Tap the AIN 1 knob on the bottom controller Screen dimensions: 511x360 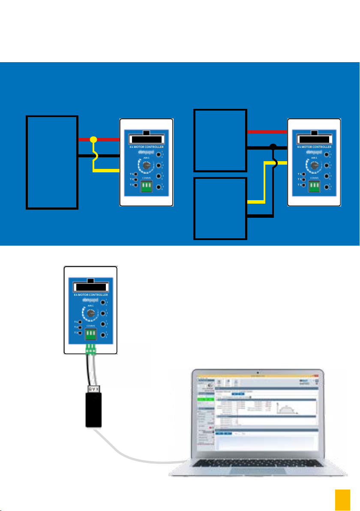(x=90, y=314)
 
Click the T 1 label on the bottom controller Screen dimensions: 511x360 (x=76, y=322)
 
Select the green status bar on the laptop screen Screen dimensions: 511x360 (x=204, y=399)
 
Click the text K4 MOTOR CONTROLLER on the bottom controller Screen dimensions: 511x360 (x=90, y=295)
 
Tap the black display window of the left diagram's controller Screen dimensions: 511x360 (x=146, y=139)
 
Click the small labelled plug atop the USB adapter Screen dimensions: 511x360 (x=93, y=389)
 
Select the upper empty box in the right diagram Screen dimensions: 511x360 (x=220, y=141)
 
